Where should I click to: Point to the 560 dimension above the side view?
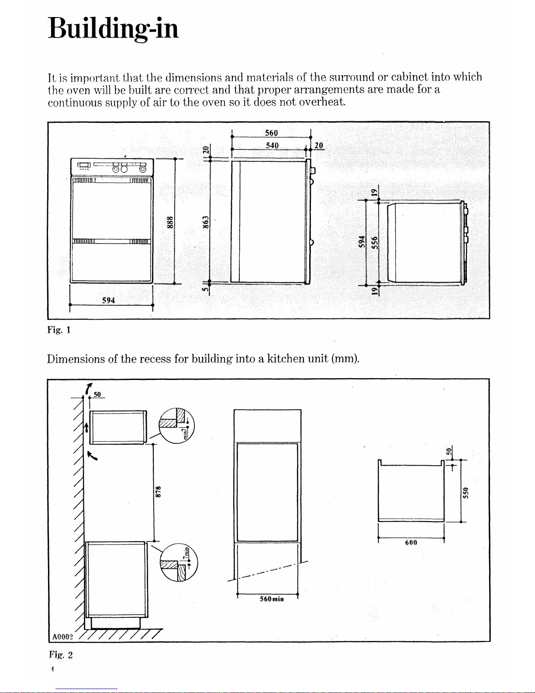tap(271, 133)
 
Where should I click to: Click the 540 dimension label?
tap(272, 145)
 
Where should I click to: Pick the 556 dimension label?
tap(374, 242)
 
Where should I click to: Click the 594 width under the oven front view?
tap(108, 300)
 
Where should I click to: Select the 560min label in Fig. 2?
tap(272, 599)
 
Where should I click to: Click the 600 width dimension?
tap(411, 543)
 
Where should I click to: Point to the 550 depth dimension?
tap(466, 492)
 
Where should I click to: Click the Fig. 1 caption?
tap(59, 330)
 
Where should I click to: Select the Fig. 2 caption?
tap(60, 655)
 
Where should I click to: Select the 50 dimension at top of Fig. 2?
tap(97, 394)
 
